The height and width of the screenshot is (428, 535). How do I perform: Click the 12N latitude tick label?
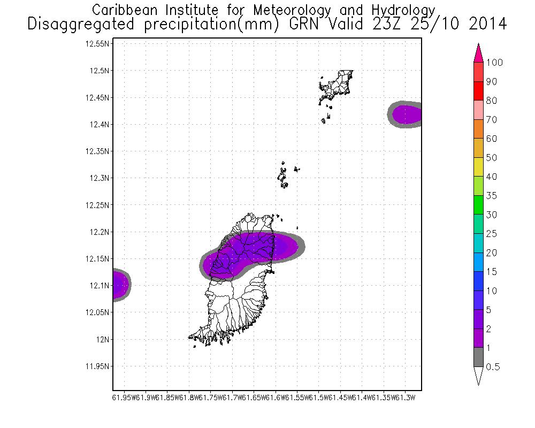pyautogui.click(x=103, y=339)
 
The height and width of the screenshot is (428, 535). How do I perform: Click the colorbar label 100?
pyautogui.click(x=495, y=63)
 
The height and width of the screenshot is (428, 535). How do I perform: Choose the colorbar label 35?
pyautogui.click(x=491, y=196)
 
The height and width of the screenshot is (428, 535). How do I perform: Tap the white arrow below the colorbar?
pyautogui.click(x=478, y=376)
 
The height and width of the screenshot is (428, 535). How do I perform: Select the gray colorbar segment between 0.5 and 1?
pyautogui.click(x=478, y=357)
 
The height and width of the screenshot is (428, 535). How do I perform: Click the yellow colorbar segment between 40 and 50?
pyautogui.click(x=478, y=167)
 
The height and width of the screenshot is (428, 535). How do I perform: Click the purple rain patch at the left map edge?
pyautogui.click(x=120, y=285)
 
